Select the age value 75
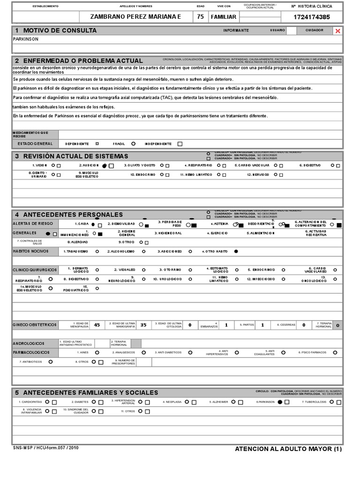(200, 17)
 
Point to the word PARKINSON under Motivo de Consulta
(26, 39)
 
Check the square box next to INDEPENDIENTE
(180, 144)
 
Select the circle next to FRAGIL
(134, 144)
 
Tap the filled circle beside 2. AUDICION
(104, 165)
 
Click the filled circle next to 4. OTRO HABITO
(236, 251)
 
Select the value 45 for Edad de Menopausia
(97, 324)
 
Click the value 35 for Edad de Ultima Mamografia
(143, 324)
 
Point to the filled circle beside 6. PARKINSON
(280, 402)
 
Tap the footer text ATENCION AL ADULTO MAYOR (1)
(289, 449)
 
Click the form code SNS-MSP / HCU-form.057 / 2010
(45, 448)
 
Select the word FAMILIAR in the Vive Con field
(224, 17)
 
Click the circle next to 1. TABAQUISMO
(97, 251)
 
